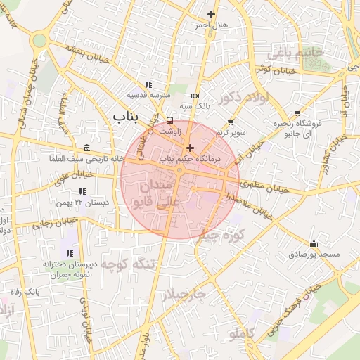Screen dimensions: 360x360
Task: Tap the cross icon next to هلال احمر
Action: (x=211, y=14)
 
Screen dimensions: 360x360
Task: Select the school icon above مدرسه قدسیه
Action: (x=148, y=84)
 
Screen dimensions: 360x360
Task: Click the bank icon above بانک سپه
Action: (x=195, y=96)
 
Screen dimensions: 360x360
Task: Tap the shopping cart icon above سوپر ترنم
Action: (x=231, y=122)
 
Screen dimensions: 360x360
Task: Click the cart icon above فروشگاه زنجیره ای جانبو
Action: (x=298, y=112)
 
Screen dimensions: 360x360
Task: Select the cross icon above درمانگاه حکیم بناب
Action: (x=190, y=148)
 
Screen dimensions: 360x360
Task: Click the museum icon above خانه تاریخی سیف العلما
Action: (x=86, y=148)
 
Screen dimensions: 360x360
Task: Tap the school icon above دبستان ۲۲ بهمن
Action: (x=82, y=191)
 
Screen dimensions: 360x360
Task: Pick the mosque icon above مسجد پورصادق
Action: (x=313, y=244)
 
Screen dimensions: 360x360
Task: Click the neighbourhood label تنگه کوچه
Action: (x=123, y=264)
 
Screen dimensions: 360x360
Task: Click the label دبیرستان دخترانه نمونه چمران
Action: (x=67, y=268)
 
